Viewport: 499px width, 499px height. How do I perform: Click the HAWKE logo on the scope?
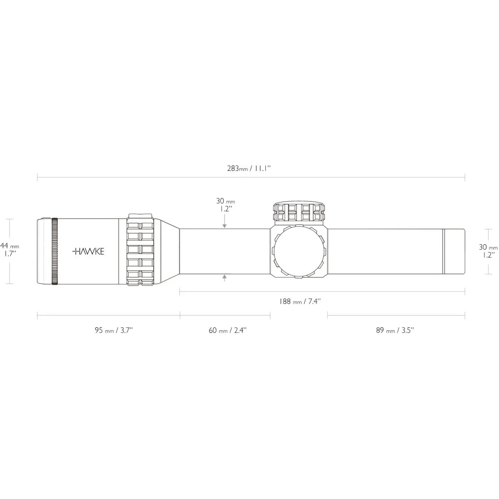(88, 252)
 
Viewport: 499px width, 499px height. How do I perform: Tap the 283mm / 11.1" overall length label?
(249, 168)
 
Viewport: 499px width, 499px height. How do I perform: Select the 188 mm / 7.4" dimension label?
(300, 301)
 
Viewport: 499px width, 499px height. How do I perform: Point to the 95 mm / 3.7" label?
(114, 331)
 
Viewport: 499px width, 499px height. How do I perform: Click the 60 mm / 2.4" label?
(228, 331)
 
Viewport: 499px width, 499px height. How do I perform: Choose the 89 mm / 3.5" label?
(395, 331)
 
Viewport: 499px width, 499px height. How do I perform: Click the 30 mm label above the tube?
(225, 205)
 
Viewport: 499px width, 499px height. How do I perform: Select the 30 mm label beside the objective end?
(488, 251)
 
